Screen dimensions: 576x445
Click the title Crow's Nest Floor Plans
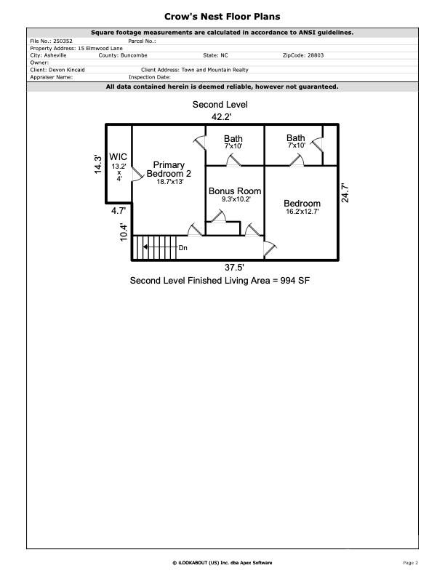pyautogui.click(x=222, y=16)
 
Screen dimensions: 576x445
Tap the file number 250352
pyautogui.click(x=62, y=41)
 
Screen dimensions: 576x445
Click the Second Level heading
pyautogui.click(x=220, y=105)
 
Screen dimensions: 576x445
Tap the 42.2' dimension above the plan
pyautogui.click(x=222, y=116)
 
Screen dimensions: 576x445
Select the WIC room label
pyautogui.click(x=119, y=156)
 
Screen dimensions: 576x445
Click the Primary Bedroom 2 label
pyautogui.click(x=169, y=169)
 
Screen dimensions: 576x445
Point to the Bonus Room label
pyautogui.click(x=235, y=191)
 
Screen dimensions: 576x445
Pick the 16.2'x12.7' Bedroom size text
pyautogui.click(x=302, y=212)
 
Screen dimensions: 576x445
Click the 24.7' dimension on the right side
pyautogui.click(x=346, y=193)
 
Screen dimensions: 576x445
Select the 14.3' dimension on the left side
pyautogui.click(x=97, y=164)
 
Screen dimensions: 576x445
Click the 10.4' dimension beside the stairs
pyautogui.click(x=124, y=231)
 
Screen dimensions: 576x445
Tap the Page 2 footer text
pyautogui.click(x=411, y=562)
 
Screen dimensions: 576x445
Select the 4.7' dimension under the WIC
pyautogui.click(x=119, y=211)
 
